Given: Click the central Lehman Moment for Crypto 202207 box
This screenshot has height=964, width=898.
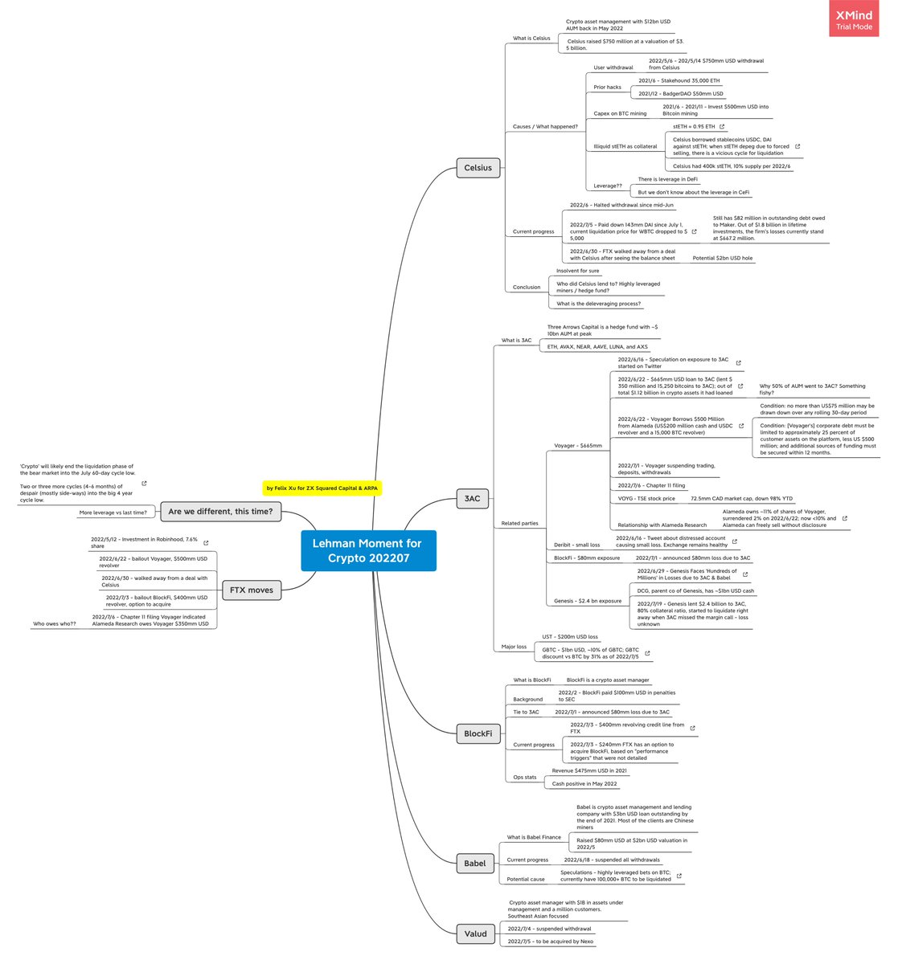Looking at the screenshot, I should (368, 550).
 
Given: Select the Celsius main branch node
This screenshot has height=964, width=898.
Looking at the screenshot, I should (478, 168).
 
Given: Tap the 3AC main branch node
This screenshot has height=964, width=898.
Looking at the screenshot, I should (472, 498).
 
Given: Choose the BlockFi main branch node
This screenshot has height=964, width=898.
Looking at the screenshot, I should (478, 733).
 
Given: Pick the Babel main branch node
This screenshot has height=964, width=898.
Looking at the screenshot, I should (474, 864).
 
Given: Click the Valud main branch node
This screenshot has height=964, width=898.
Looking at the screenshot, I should (475, 933).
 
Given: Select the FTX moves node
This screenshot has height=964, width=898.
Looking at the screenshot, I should (251, 590).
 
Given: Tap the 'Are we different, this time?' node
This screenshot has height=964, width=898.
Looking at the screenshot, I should (220, 512).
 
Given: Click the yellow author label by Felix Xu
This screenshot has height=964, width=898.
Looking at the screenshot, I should (322, 488).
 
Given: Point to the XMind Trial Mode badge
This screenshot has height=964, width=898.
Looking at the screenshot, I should (855, 18).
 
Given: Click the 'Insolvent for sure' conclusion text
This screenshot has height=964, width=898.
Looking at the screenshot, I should (577, 271).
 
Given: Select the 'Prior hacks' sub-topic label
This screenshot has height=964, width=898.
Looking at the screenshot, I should (607, 87).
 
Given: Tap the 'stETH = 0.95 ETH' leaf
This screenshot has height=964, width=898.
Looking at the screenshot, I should (694, 127).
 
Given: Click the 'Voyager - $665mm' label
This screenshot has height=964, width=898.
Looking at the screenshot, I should (577, 445).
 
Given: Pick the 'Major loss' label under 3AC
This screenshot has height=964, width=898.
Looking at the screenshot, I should (514, 647).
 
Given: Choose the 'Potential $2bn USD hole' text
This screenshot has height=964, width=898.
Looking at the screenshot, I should (723, 258).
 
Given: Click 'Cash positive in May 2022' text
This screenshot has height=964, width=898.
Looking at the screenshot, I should (584, 784).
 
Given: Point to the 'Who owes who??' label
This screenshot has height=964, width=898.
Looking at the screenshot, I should (54, 623).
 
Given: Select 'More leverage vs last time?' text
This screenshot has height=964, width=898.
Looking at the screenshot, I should (113, 513).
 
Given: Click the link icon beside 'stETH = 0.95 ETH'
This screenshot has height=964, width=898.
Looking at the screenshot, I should (722, 127).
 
